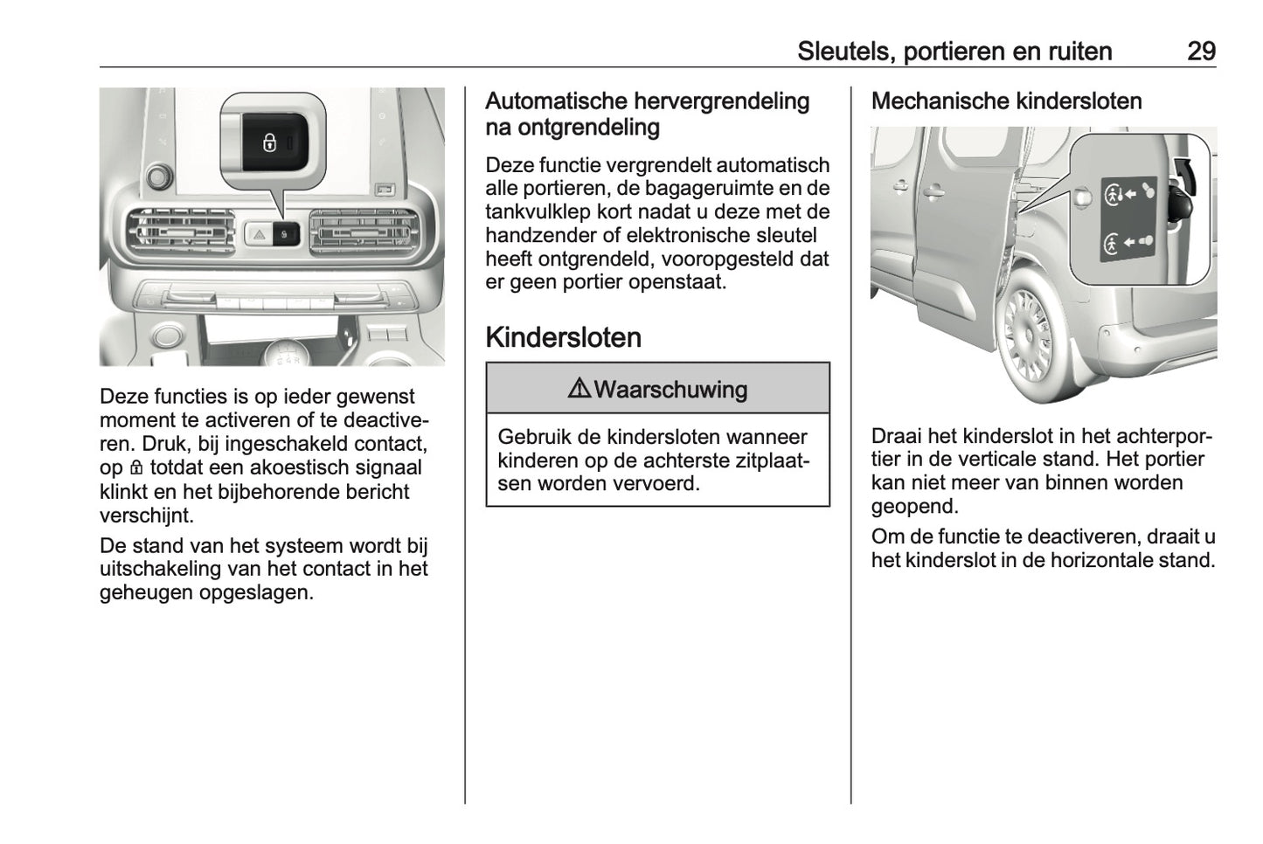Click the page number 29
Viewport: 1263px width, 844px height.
click(x=1200, y=51)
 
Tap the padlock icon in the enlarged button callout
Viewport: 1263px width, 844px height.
click(x=269, y=142)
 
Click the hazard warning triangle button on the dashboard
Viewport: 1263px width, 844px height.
click(x=260, y=234)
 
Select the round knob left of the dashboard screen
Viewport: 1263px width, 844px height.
click(x=158, y=178)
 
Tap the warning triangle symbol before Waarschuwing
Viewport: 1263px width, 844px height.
click(x=579, y=389)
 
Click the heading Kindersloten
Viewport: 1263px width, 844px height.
click(x=563, y=337)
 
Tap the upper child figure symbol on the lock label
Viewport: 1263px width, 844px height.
click(x=1113, y=194)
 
